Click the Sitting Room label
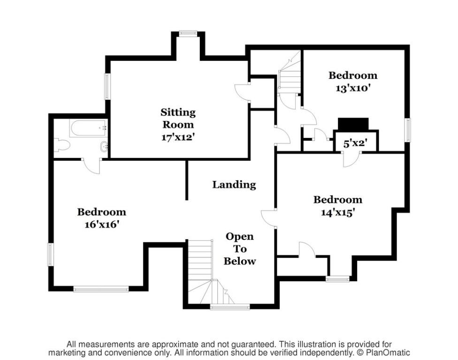178,118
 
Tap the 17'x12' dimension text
178,137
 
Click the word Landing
234,185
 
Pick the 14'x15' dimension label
338,211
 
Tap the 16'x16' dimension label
101,224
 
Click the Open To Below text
239,248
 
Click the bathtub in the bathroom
88,128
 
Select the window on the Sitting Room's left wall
107,86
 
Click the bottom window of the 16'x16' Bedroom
101,289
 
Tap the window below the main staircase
230,307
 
